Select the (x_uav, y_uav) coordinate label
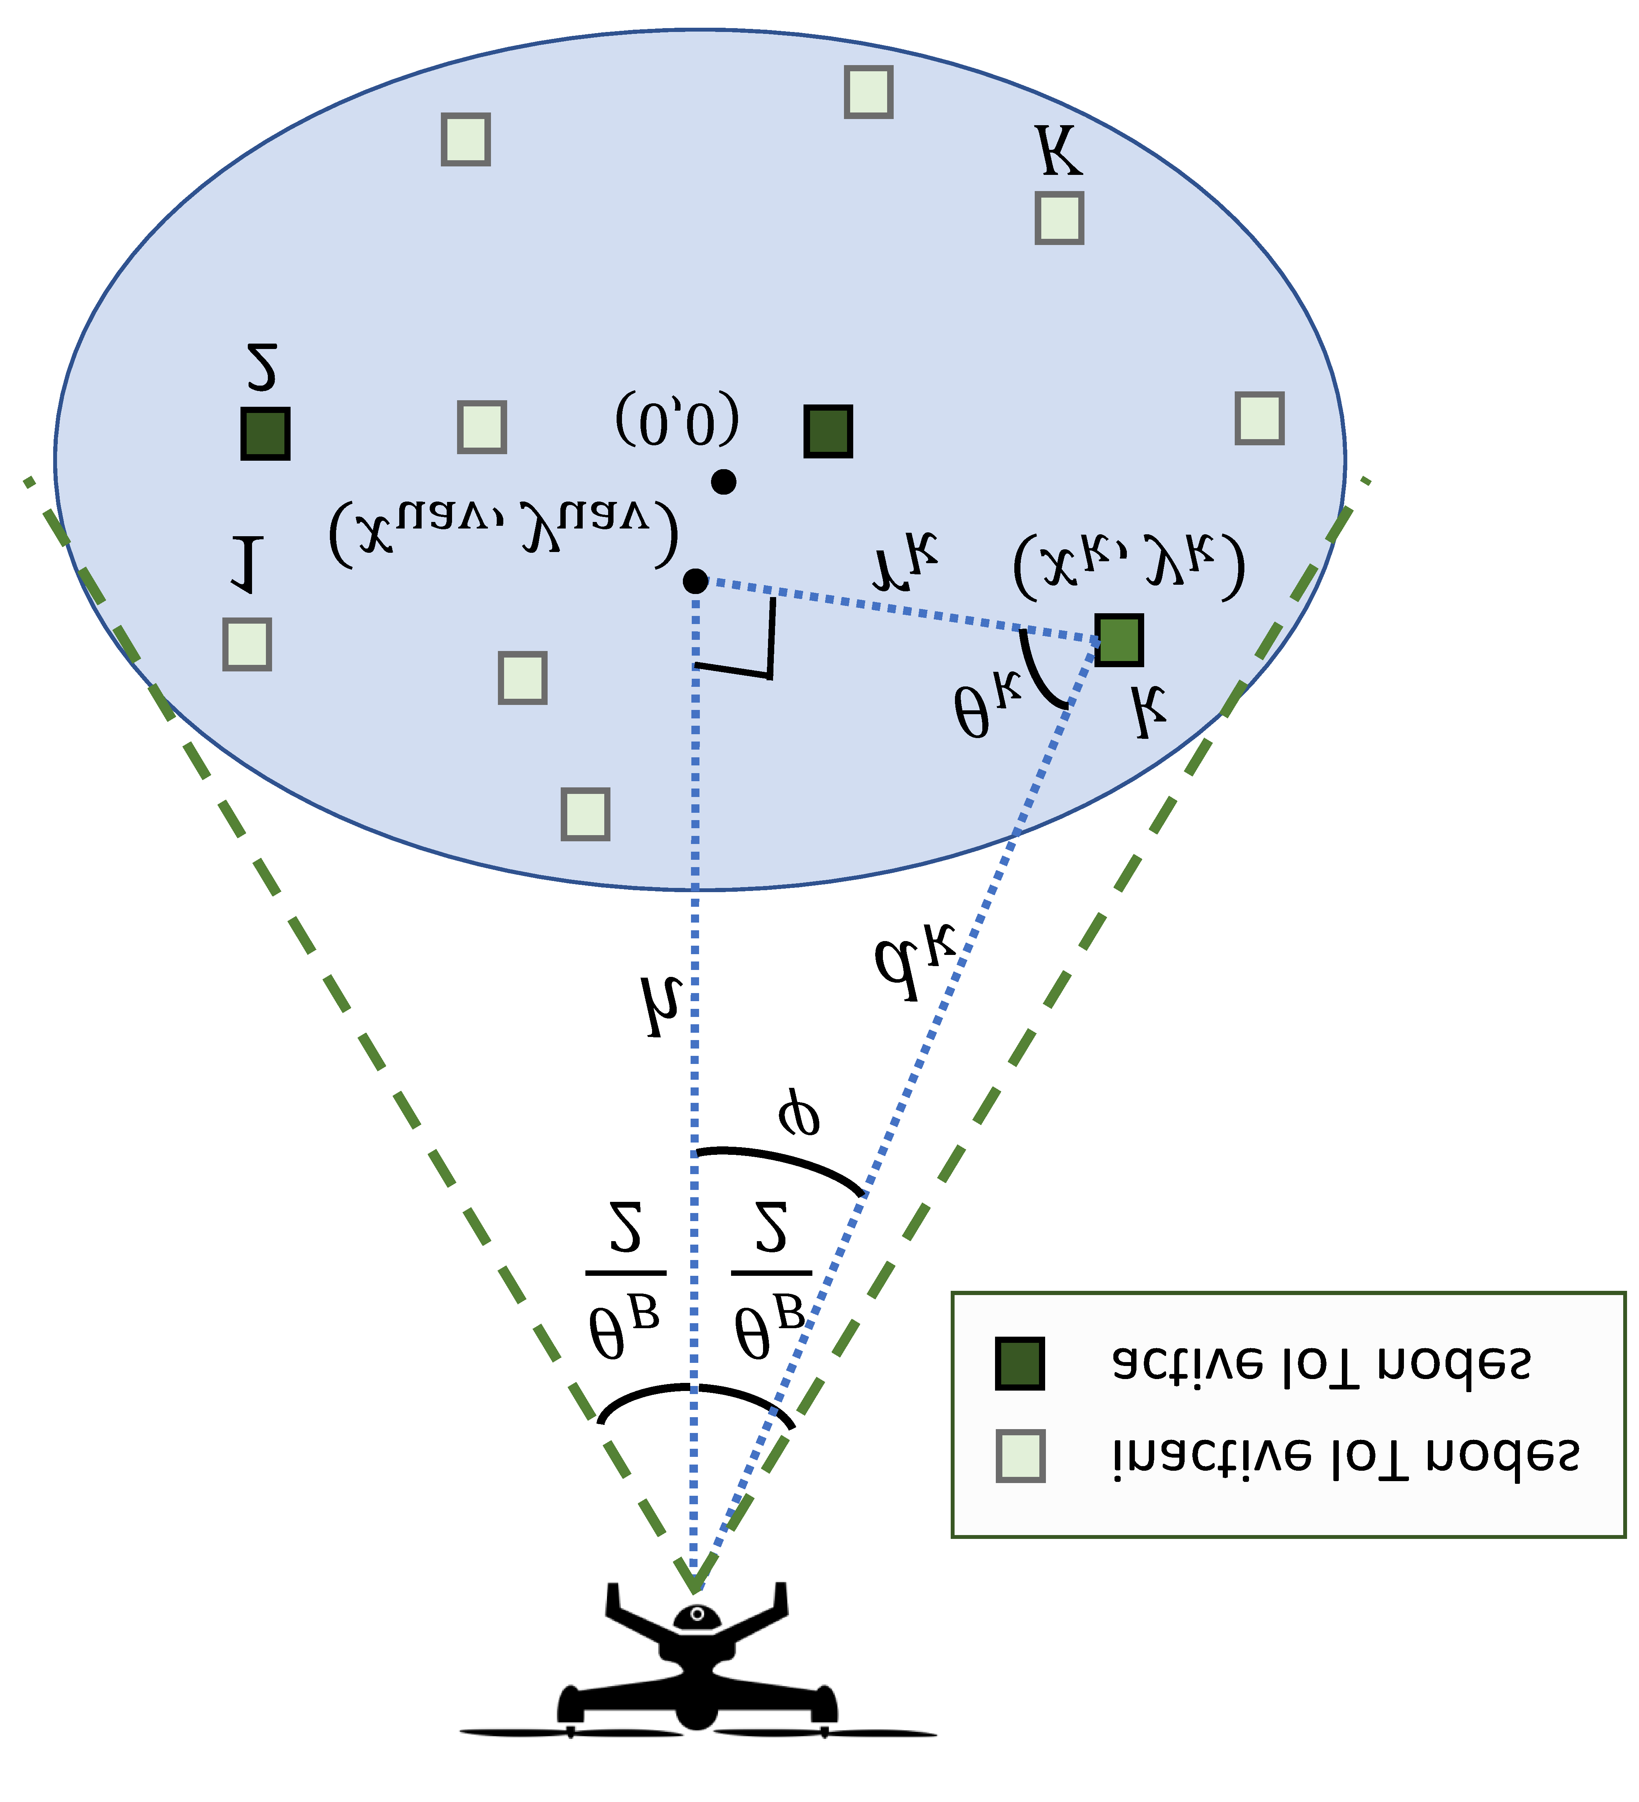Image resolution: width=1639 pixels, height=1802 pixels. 503,534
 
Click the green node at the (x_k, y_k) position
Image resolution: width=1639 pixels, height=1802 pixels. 1119,640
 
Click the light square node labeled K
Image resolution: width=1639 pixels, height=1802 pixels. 1059,218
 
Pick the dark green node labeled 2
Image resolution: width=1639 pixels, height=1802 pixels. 266,433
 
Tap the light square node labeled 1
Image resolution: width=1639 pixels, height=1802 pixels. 247,644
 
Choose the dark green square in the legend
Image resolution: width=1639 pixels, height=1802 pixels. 1019,1364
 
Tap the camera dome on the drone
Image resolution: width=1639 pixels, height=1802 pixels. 696,1616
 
